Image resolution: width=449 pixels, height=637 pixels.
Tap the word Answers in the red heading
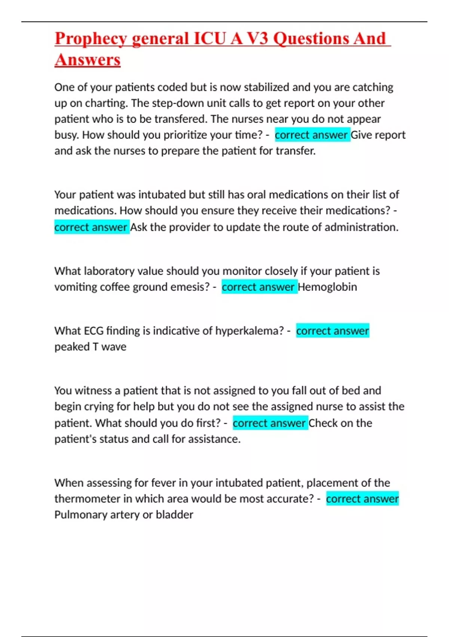(88, 60)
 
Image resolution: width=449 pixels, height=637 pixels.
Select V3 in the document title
(258, 39)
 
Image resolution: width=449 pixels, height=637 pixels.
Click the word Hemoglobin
(327, 287)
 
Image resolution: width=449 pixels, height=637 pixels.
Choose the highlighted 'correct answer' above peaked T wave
(332, 331)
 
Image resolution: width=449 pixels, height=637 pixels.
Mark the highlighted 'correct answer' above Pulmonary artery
(362, 499)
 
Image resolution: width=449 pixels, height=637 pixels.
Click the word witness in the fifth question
(94, 391)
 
